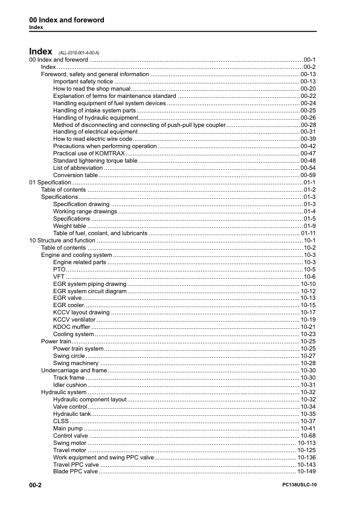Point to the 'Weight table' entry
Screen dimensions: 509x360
point(69,225)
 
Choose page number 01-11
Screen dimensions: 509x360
point(309,233)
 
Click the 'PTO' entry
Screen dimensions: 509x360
point(59,269)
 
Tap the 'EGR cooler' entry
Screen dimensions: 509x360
point(68,305)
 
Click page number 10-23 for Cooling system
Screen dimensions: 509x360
point(308,334)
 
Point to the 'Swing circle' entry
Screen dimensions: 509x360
point(69,355)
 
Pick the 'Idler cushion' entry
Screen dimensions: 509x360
point(70,384)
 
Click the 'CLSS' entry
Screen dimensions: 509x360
point(61,421)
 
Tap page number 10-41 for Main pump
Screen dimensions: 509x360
point(308,428)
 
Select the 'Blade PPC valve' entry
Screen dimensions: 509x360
point(75,472)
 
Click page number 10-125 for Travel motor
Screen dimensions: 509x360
point(307,450)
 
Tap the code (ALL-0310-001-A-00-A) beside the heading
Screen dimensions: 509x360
point(79,53)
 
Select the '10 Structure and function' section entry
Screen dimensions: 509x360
point(62,240)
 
